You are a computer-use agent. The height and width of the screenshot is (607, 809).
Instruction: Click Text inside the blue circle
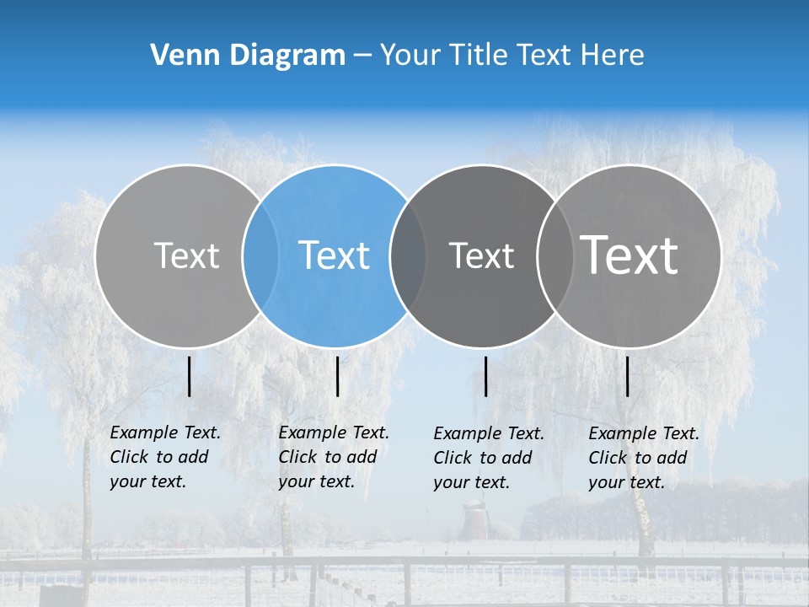[x=334, y=255]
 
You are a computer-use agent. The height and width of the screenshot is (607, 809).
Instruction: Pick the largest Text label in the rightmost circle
[x=630, y=255]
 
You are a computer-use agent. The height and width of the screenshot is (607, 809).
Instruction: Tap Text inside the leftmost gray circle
[x=186, y=255]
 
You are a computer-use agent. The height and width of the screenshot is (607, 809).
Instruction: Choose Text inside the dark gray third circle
[x=481, y=255]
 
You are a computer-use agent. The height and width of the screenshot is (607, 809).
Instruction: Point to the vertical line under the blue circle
[x=337, y=376]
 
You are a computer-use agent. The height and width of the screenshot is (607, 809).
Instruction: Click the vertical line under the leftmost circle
[x=190, y=376]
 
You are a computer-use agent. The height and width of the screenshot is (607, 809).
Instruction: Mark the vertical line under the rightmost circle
[x=628, y=376]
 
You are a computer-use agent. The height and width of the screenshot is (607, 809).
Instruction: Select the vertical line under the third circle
[x=486, y=376]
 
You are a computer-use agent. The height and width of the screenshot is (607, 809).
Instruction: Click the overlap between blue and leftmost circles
[x=260, y=255]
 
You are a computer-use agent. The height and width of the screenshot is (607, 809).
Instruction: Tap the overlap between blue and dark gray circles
[x=408, y=255]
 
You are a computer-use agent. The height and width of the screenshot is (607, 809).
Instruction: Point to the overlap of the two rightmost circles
[x=555, y=255]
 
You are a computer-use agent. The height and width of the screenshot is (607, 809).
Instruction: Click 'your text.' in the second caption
[x=316, y=481]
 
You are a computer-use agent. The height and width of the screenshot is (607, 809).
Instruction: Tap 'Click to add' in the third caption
[x=482, y=458]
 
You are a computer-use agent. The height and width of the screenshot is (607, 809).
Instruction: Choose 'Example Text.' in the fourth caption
[x=644, y=433]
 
